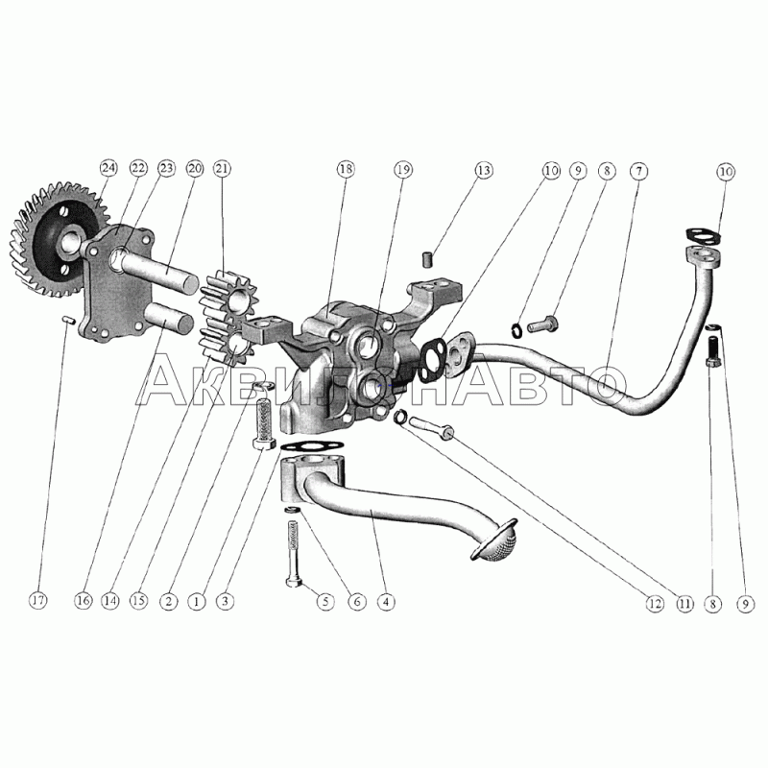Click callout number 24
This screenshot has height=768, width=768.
[108, 168]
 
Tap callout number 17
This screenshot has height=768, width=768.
[37, 601]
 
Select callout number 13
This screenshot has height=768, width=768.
[483, 171]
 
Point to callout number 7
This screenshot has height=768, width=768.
[638, 171]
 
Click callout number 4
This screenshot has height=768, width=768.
[386, 602]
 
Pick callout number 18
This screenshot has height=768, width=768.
[345, 169]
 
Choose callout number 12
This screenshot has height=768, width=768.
[654, 604]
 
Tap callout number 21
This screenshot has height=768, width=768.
[222, 168]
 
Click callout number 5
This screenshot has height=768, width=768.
[325, 602]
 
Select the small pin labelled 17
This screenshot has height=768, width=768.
[67, 321]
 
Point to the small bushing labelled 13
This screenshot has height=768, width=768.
[427, 259]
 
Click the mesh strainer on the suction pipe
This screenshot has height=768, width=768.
[493, 540]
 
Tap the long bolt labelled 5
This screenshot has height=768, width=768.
[294, 554]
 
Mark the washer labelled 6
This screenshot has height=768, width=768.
[292, 511]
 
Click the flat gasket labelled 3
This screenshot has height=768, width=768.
[311, 446]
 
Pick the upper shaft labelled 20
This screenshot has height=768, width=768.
[159, 270]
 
